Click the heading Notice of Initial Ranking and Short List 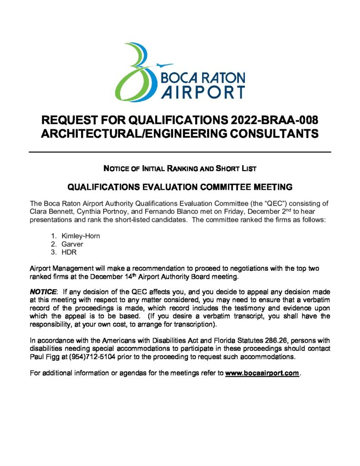180,168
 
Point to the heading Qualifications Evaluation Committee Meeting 180,187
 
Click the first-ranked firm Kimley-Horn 81,236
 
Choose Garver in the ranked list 72,244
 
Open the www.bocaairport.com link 262,373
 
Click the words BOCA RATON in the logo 203,77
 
